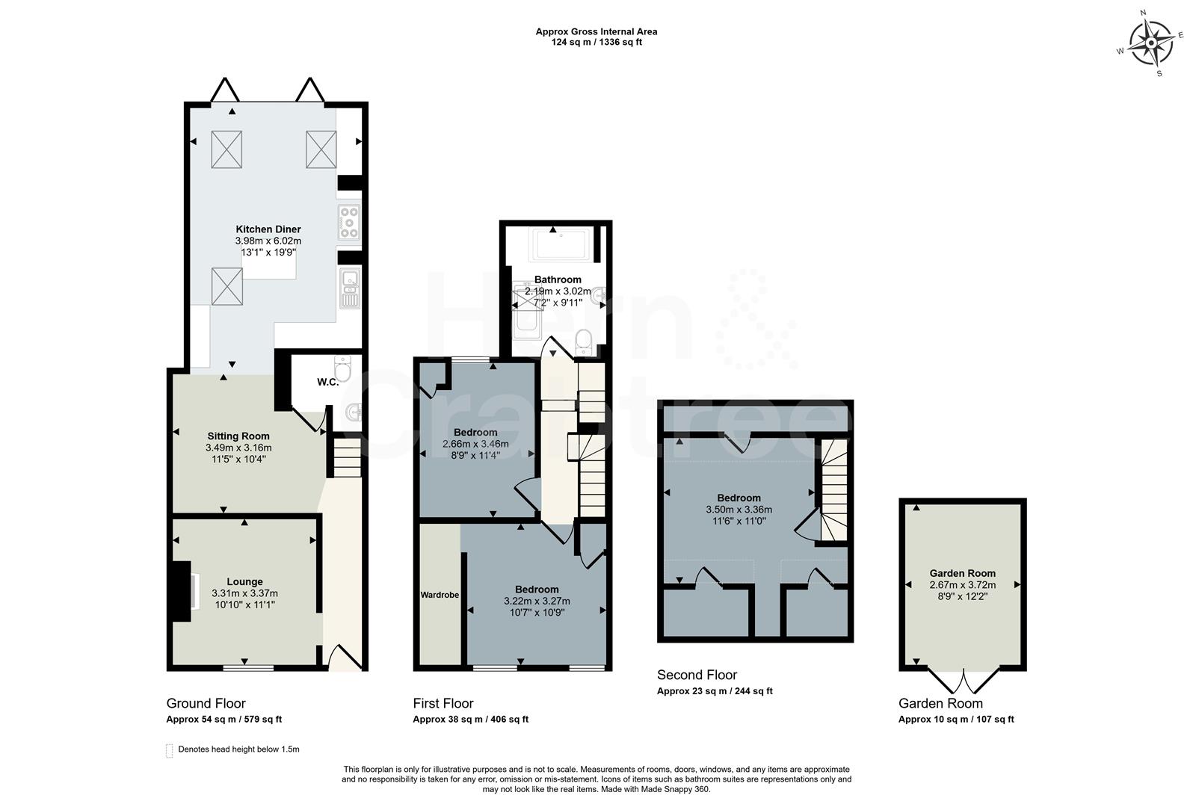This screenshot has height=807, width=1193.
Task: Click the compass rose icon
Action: (1150, 43)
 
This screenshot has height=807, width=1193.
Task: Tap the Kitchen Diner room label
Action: (268, 229)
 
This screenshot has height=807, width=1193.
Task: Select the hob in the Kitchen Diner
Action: (349, 222)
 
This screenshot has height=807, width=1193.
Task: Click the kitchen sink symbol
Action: (349, 288)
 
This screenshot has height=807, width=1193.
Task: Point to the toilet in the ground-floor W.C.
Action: (343, 369)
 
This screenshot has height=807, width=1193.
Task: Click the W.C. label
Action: (327, 382)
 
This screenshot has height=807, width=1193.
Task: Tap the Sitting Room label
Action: (238, 436)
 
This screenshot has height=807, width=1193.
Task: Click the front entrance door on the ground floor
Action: (344, 658)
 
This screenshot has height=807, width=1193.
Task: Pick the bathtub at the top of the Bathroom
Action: (561, 244)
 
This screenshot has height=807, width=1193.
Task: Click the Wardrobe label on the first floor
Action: (440, 595)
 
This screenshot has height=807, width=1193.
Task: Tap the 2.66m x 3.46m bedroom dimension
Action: (475, 444)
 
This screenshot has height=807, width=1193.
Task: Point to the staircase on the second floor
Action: (835, 489)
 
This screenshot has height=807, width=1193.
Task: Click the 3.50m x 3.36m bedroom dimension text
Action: (739, 510)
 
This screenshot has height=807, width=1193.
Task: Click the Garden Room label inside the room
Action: (962, 573)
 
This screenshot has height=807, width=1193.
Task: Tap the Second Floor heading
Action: (697, 675)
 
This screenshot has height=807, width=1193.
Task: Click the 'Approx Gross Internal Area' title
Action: (596, 31)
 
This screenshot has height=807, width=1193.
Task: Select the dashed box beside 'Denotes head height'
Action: (170, 750)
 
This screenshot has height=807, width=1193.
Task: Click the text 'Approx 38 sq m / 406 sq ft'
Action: (470, 720)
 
